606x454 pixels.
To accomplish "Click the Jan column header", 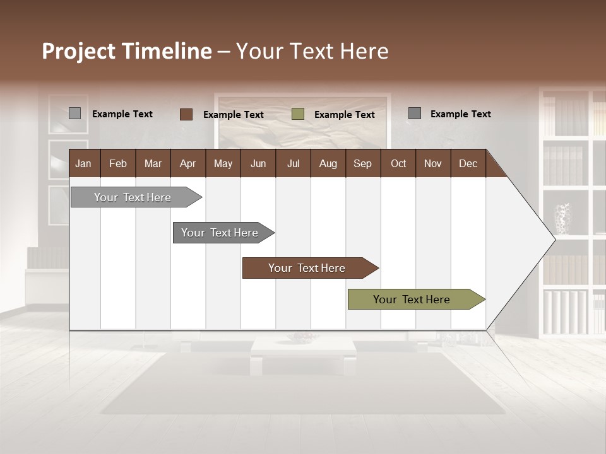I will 84,163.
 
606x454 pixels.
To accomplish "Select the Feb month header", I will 118,163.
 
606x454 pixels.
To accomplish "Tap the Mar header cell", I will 153,163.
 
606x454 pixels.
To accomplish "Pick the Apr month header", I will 187,163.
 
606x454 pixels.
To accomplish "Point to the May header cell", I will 223,163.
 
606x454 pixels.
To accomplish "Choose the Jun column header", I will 258,163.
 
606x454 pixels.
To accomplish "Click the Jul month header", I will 293,163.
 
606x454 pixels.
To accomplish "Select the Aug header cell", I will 328,163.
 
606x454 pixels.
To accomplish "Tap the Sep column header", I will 362,163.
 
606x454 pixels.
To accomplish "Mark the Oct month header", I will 398,163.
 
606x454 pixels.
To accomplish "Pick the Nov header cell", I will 432,163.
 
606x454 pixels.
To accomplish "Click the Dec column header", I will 468,163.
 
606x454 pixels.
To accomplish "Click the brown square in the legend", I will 186,114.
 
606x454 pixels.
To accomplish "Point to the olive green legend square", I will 298,114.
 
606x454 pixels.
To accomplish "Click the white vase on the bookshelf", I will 562,218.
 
